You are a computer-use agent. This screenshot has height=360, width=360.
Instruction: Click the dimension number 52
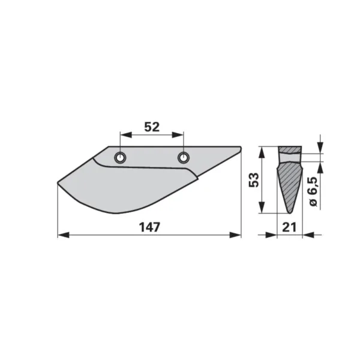152,127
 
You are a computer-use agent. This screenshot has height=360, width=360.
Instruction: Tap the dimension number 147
149,227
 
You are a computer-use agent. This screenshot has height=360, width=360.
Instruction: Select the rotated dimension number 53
254,180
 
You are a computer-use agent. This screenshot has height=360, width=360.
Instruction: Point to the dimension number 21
289,227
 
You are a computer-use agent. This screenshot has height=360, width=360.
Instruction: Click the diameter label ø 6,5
313,192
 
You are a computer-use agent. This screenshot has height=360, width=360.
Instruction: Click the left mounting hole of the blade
120,157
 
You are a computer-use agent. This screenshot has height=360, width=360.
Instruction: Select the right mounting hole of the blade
184,157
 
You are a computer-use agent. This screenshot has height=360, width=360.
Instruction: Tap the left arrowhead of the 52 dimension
126,135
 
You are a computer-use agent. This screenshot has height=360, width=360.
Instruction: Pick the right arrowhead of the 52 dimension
178,135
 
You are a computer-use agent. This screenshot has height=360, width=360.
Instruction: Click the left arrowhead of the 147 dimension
64,235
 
